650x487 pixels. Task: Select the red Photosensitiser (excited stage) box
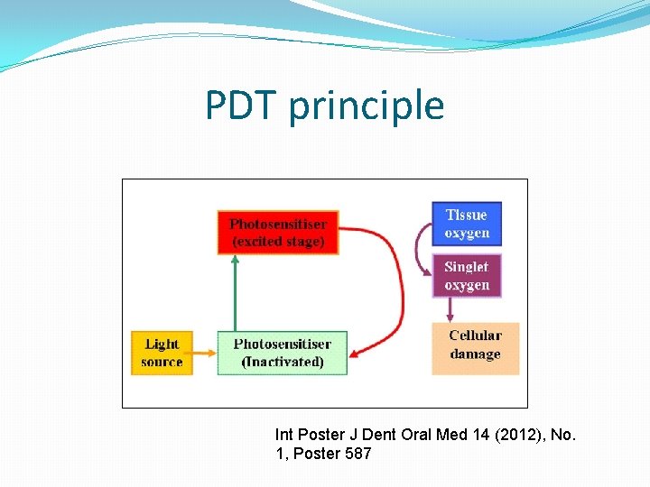click(x=278, y=233)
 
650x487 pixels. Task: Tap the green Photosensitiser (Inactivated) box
click(x=283, y=353)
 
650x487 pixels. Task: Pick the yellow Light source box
click(x=162, y=353)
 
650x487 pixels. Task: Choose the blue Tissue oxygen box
click(x=467, y=224)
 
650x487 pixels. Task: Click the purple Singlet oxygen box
click(x=467, y=276)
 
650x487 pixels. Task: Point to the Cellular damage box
click(x=475, y=345)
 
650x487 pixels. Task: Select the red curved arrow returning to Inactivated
click(x=397, y=289)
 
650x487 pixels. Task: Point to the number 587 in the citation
click(x=354, y=454)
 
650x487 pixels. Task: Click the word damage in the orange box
click(x=475, y=354)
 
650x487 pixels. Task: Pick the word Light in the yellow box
click(x=162, y=344)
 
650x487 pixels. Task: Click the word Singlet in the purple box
click(x=467, y=267)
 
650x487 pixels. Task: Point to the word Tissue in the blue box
click(x=467, y=215)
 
